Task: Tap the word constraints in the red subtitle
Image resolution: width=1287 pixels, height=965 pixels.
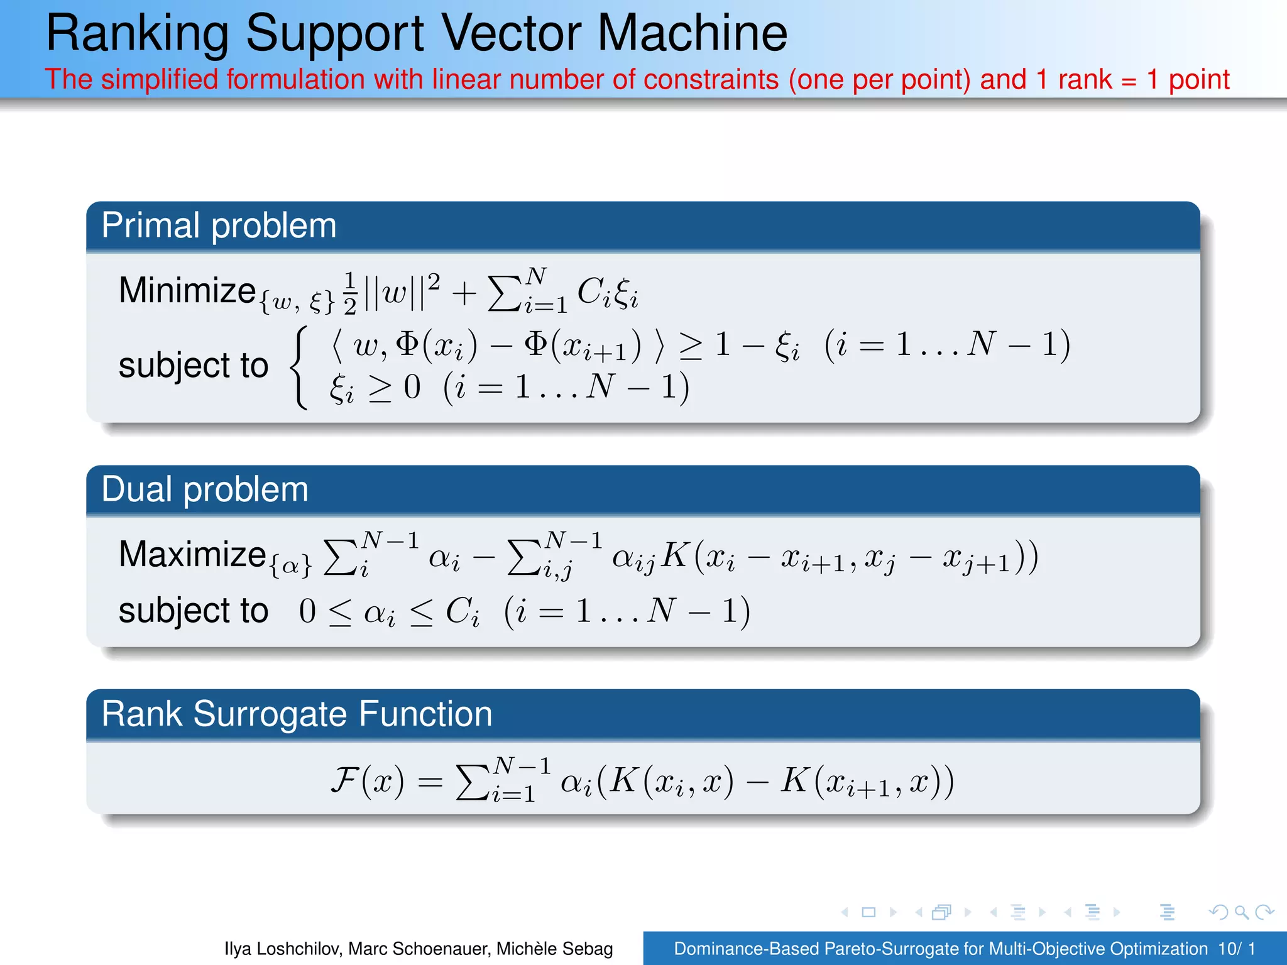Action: point(711,80)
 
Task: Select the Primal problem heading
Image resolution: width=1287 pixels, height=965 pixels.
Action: point(219,226)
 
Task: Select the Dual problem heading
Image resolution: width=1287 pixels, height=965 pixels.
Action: point(205,489)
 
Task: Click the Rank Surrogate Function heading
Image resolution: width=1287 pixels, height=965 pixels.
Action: point(297,714)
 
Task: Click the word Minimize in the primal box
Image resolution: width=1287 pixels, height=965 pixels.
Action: point(187,290)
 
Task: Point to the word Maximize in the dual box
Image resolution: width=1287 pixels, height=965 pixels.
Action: point(192,554)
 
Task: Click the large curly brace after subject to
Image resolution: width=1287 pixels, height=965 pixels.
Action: point(300,367)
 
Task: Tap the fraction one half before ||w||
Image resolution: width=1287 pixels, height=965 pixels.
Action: point(350,293)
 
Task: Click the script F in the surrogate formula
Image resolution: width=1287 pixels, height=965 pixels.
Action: point(345,780)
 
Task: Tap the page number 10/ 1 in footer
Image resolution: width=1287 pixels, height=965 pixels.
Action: point(1236,949)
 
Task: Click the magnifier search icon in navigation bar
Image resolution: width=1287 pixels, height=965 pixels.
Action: point(1241,912)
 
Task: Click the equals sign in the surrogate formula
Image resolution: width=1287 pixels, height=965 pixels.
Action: point(430,782)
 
